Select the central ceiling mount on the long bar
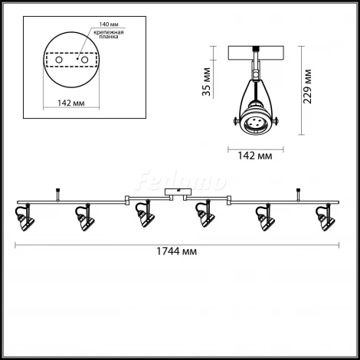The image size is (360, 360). click(178, 195)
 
